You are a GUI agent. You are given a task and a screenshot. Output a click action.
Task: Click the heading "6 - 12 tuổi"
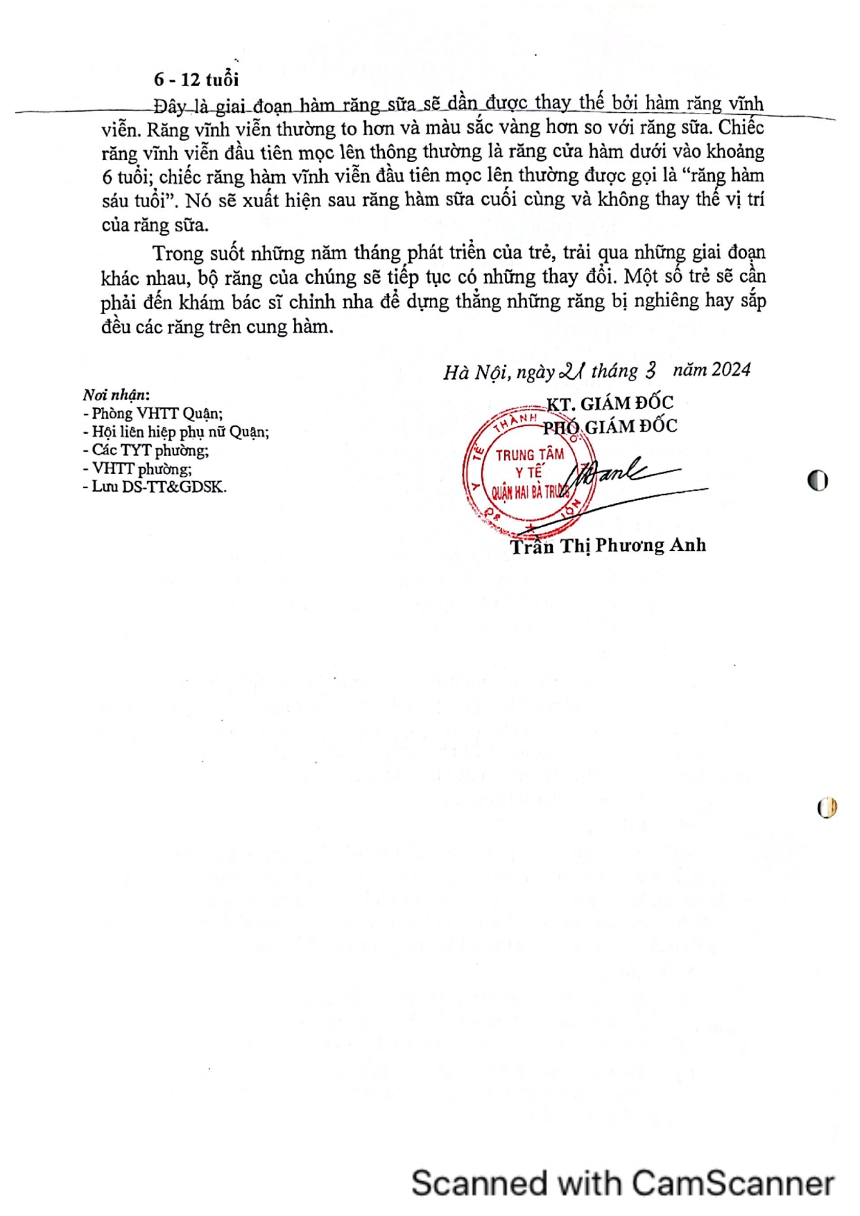pyautogui.click(x=196, y=80)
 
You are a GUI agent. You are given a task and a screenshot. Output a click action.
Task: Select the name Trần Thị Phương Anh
pyautogui.click(x=608, y=546)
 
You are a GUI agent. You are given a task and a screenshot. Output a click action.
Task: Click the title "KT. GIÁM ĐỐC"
pyautogui.click(x=610, y=403)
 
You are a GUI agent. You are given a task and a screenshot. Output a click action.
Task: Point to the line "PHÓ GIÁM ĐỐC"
pyautogui.click(x=610, y=426)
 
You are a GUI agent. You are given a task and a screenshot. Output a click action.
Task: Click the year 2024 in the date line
pyautogui.click(x=731, y=369)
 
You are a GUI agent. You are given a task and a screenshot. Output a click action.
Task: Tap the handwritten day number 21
pyautogui.click(x=571, y=372)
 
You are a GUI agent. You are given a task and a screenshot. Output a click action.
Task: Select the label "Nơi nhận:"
pyautogui.click(x=116, y=395)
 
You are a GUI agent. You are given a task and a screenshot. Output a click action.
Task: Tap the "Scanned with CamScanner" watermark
pyautogui.click(x=622, y=1183)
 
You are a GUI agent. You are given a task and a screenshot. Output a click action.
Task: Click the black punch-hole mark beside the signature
pyautogui.click(x=818, y=480)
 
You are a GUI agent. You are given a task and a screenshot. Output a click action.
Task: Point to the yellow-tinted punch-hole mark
pyautogui.click(x=827, y=807)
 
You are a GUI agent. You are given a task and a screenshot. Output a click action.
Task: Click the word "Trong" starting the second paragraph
pyautogui.click(x=178, y=253)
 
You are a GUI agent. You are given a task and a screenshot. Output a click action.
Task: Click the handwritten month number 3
pyautogui.click(x=650, y=371)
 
